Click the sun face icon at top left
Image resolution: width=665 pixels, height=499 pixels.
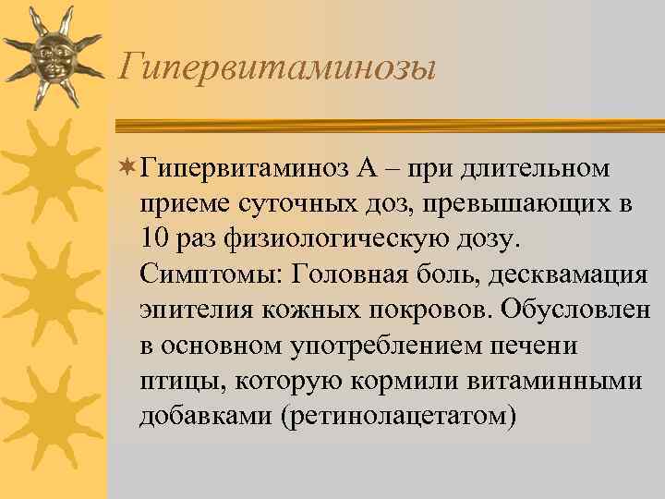pyautogui.click(x=52, y=55)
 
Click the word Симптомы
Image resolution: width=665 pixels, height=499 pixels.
pyautogui.click(x=212, y=274)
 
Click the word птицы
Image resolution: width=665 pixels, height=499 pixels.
pyautogui.click(x=179, y=380)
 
